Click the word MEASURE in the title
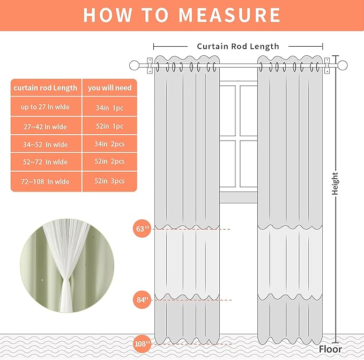(229, 15)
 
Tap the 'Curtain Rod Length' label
(238, 47)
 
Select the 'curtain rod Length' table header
(46, 88)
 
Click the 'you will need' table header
(110, 88)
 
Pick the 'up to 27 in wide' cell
(46, 107)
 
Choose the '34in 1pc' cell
(110, 108)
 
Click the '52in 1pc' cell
(110, 127)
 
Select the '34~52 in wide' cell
(46, 144)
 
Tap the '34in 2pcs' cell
(110, 144)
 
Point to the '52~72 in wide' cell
(46, 162)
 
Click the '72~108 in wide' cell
(46, 182)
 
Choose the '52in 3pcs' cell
(110, 181)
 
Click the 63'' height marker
(142, 229)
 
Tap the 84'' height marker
(142, 299)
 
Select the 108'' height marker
(142, 343)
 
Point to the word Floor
(330, 349)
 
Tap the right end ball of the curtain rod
(343, 66)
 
